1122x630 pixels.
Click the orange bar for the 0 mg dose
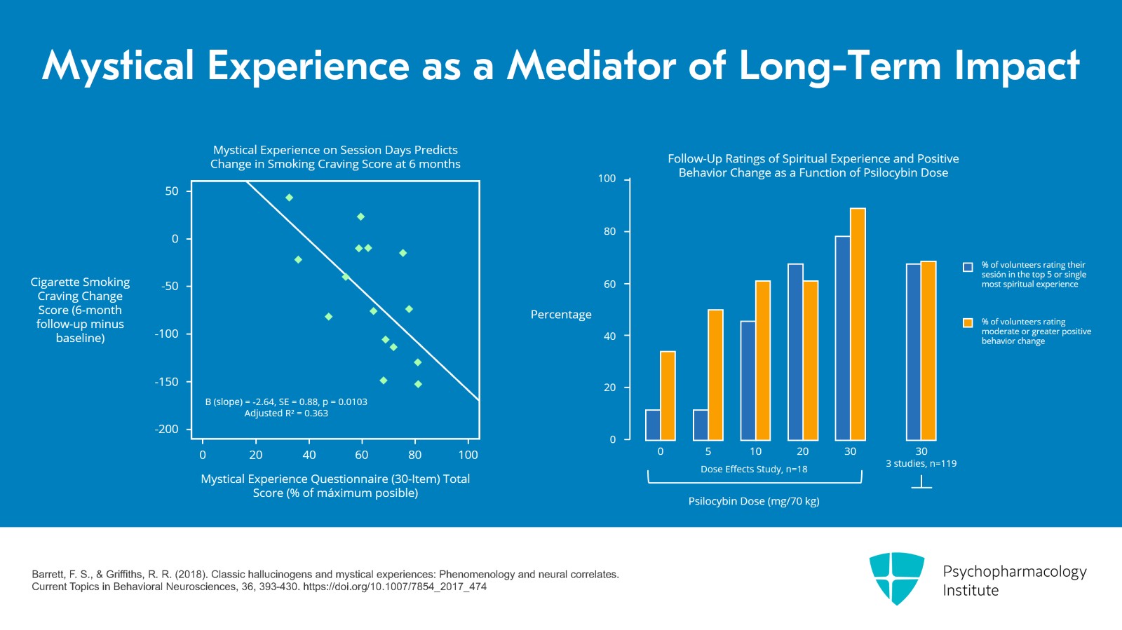[668, 396]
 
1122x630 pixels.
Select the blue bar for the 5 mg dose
[701, 425]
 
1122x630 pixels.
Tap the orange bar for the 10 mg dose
[763, 361]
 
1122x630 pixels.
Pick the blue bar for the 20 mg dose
[795, 352]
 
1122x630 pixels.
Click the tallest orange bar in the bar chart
[858, 324]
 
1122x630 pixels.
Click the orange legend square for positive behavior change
[968, 323]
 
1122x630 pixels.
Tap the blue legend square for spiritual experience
[968, 267]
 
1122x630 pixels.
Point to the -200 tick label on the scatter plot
[166, 429]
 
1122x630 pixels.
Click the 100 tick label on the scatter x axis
[468, 455]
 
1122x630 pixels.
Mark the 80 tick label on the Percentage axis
[609, 232]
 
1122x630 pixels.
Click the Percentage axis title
[561, 314]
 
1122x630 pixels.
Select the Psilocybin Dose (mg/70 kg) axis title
[754, 501]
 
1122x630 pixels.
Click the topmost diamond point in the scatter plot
[289, 198]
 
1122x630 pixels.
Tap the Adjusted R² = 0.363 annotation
[286, 413]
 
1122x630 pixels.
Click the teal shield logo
[897, 578]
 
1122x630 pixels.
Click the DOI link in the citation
[395, 587]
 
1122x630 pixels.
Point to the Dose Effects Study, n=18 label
[754, 470]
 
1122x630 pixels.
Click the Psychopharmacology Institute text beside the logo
[1015, 580]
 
